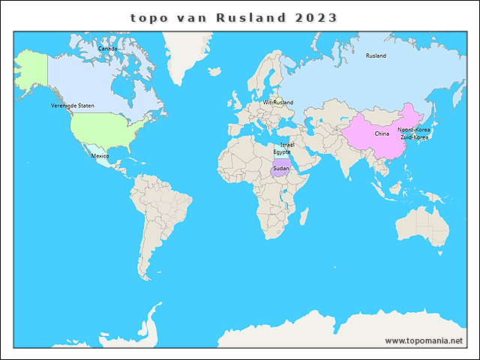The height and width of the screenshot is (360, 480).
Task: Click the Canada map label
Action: coord(108,49)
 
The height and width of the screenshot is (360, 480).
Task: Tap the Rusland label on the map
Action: coord(376,56)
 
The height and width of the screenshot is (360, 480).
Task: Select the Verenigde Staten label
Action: coord(73,106)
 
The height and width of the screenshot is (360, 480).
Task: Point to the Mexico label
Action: coord(100,156)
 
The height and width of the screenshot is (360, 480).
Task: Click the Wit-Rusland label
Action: coord(278,103)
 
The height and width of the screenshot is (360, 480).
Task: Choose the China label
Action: coord(382,133)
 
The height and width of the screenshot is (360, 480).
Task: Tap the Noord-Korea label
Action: coord(414,130)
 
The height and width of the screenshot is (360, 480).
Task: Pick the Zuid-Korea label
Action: coord(415,138)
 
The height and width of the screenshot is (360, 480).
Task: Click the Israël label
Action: coord(286,144)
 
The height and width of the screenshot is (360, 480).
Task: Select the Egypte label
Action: coord(282,151)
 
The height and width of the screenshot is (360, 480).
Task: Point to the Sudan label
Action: coord(280,168)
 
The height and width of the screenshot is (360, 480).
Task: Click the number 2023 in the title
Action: coord(316,17)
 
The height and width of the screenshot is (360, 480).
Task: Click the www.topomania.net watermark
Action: coord(424,340)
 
